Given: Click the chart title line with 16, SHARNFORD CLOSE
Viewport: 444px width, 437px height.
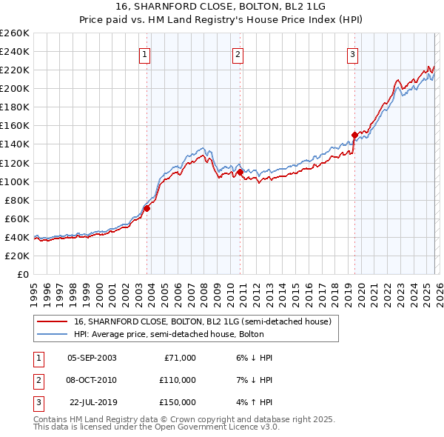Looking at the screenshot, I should pos(221,6).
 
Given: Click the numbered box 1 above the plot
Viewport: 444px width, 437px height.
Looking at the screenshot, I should pos(144,53).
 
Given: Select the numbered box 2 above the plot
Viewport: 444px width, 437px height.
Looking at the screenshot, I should pos(238,53).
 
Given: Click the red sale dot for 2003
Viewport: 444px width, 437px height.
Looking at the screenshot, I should pos(147,208).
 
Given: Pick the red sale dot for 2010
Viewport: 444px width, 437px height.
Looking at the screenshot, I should pos(240,172).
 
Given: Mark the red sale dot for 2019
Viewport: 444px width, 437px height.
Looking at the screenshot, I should pos(354,135).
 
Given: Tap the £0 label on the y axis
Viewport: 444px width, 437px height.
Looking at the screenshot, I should pos(22,274).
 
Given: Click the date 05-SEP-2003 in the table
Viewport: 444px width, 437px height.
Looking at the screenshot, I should pos(92,358).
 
